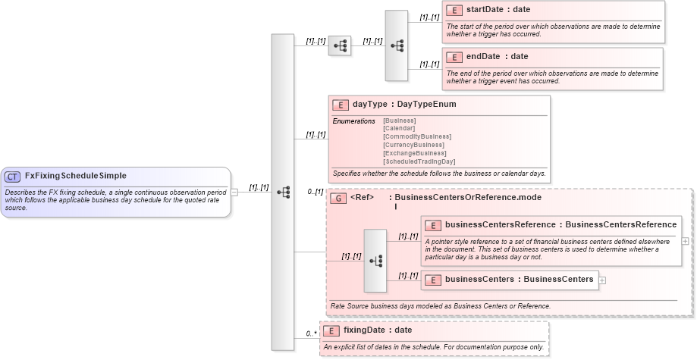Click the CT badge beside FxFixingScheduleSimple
[x=12, y=176]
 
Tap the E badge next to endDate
[x=454, y=57]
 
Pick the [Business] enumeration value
[x=400, y=121]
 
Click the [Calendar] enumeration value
[x=399, y=128]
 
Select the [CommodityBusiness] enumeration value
[x=417, y=136]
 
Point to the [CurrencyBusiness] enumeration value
[x=413, y=145]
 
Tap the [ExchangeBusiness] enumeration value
[x=415, y=153]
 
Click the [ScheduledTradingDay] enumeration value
[x=419, y=161]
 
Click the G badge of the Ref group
[x=339, y=198]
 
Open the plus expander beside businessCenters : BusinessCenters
[x=603, y=280]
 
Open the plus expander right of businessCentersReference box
[x=686, y=241]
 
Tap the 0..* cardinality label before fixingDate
[x=311, y=333]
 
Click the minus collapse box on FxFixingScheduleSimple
[x=235, y=192]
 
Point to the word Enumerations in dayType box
[x=353, y=121]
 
